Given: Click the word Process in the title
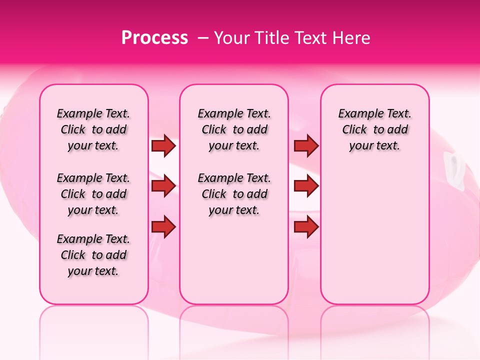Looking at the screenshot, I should click(154, 38).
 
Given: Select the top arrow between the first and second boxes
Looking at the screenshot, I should click(163, 145).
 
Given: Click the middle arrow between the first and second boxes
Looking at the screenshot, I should click(163, 186).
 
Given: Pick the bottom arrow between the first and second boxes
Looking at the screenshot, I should click(163, 226).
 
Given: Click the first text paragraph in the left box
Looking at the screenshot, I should click(93, 129).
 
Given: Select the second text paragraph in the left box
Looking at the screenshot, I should click(93, 194).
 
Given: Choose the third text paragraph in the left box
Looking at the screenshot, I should click(93, 255).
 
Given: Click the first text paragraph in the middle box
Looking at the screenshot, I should click(234, 129).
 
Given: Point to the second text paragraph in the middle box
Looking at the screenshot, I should click(234, 194).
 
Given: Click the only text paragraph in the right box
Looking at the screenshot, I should click(374, 129).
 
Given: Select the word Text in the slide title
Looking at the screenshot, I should click(306, 38).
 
